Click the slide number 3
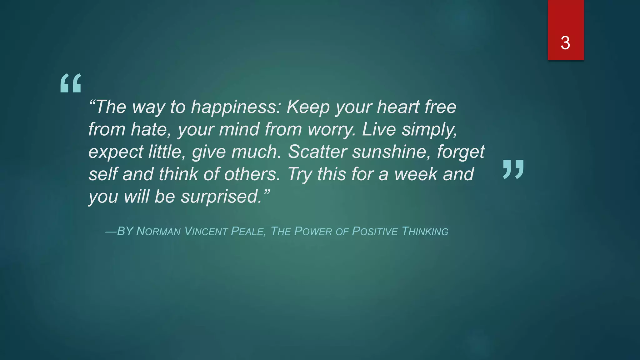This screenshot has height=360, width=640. coord(565,43)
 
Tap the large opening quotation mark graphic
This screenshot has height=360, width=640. coord(71,83)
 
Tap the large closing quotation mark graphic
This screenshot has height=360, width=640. coord(513,169)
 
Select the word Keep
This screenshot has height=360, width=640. coord(308,107)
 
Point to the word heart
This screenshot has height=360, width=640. coord(398,107)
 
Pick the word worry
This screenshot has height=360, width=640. coord(332,129)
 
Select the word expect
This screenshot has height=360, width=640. coord(116,152)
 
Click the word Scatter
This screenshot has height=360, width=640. coord(317,152)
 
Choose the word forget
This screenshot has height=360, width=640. coord(461,152)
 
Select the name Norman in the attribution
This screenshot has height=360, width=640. coord(158,232)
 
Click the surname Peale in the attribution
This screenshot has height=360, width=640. coord(248,232)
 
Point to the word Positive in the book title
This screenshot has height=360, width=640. coord(375,232)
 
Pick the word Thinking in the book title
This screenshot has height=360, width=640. coord(425,232)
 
